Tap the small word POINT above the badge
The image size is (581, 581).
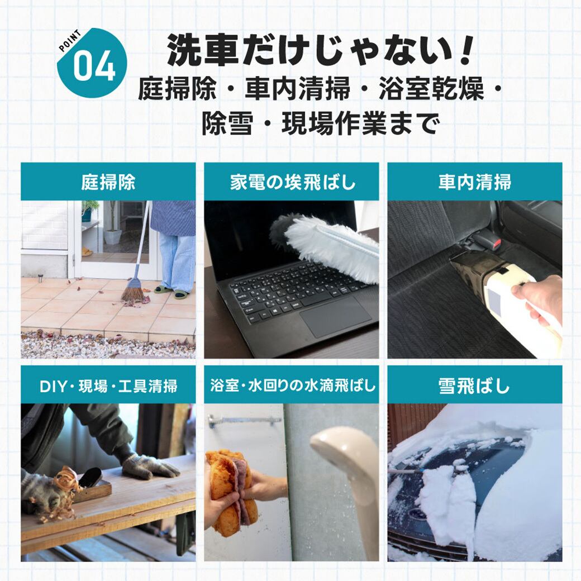(70, 40)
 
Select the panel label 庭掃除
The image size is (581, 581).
(108, 182)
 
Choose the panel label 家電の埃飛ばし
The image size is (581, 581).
(293, 182)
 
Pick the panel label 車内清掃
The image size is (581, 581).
(475, 182)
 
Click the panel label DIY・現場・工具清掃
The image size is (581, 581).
(108, 385)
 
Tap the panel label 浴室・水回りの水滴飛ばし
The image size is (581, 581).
(293, 385)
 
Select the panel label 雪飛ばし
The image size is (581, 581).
(474, 385)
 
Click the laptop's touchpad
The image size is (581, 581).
(335, 317)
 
